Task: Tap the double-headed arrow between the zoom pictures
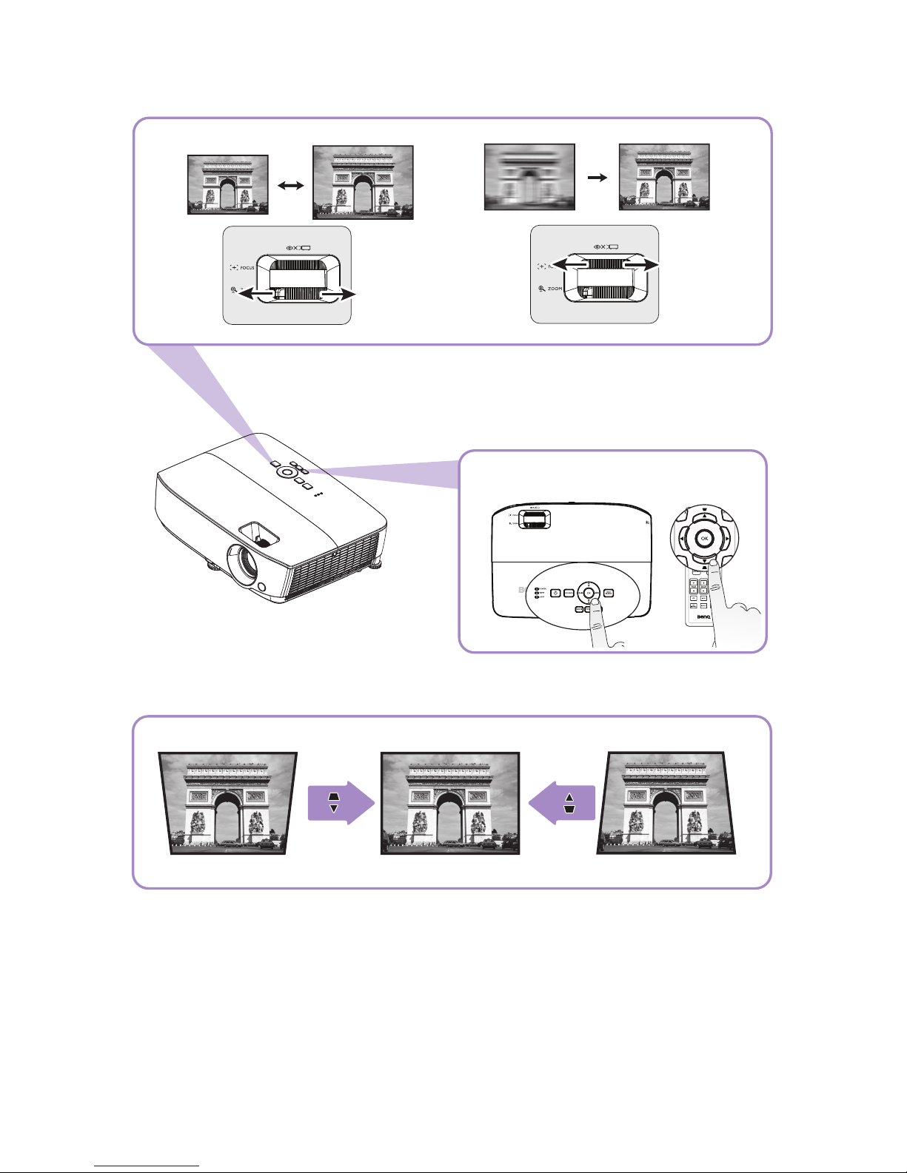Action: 289,187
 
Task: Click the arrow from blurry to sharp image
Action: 597,178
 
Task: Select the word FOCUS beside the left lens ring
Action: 247,267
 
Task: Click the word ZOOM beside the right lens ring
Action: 555,289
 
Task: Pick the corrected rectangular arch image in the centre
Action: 450,803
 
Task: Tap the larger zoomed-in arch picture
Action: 363,182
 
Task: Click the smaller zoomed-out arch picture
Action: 227,184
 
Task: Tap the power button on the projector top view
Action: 555,593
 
